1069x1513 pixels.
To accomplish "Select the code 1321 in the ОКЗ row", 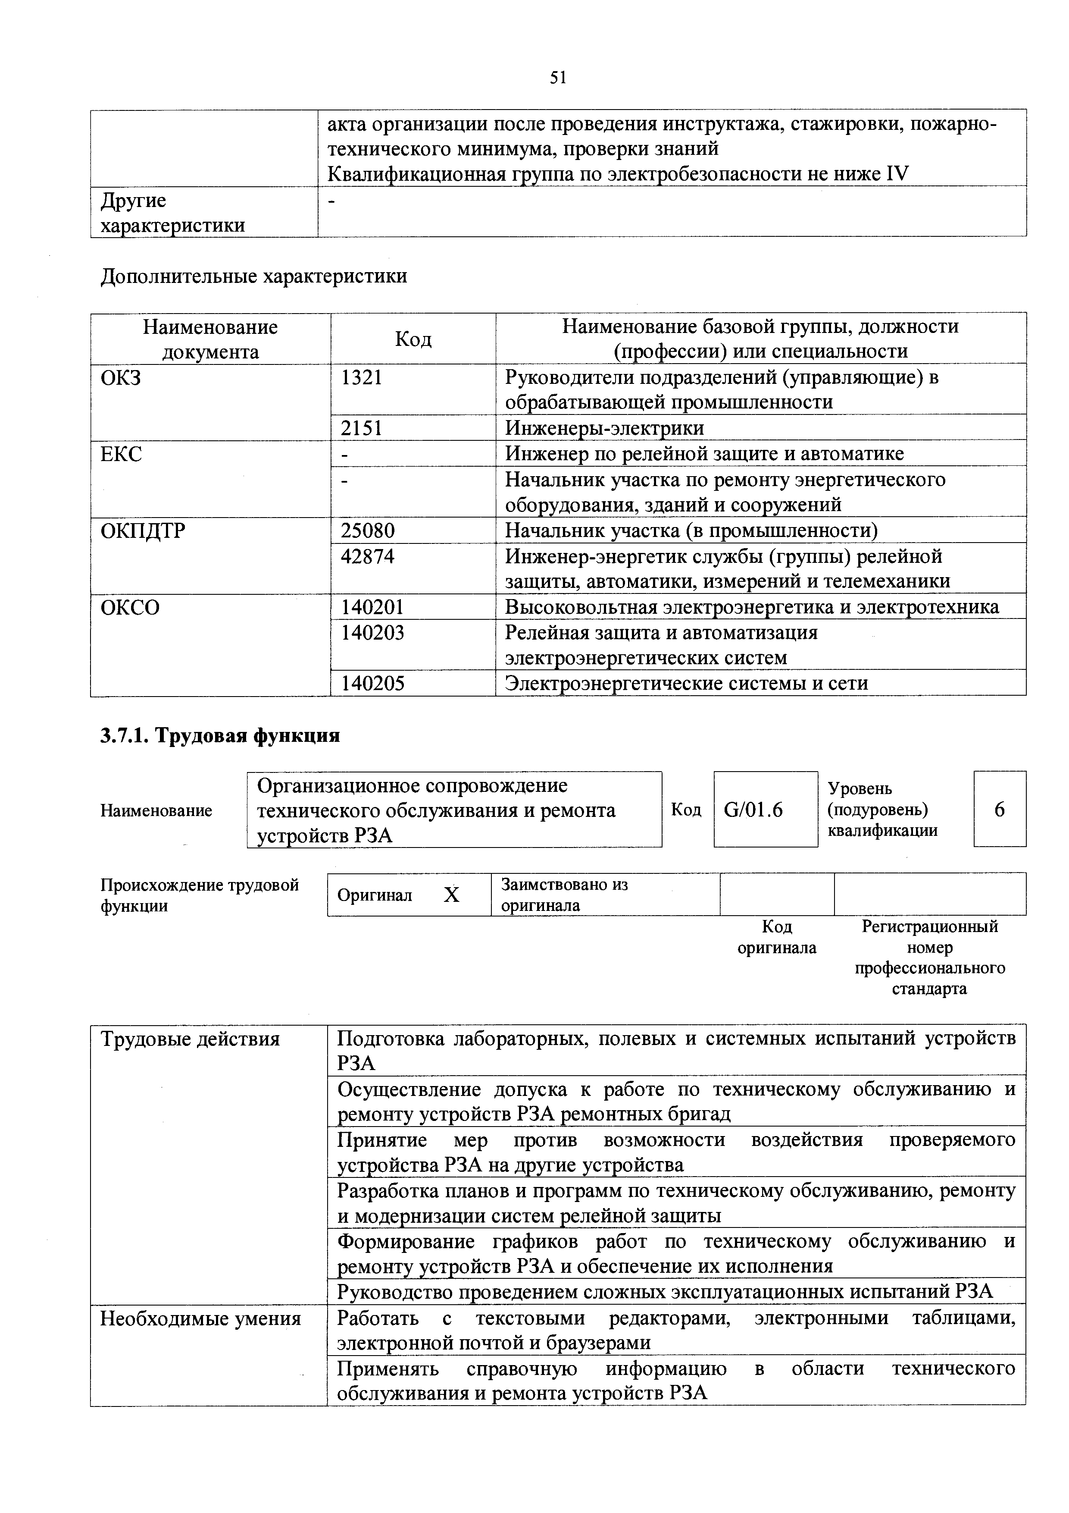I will click(x=362, y=378).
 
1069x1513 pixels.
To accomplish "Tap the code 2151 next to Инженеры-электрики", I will click(x=362, y=428).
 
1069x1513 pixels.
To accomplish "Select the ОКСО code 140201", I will click(x=372, y=607).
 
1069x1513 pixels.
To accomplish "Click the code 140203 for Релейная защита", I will click(x=372, y=633).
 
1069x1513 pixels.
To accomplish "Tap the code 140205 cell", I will click(x=372, y=683).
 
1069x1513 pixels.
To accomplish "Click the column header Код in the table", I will click(x=413, y=339).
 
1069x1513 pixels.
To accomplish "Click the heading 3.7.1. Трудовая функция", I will click(x=220, y=735).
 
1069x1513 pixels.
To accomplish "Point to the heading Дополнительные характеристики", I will click(x=253, y=276).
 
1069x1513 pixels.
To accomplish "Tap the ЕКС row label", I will click(x=121, y=454).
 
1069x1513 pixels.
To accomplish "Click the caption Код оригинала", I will click(x=777, y=937).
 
